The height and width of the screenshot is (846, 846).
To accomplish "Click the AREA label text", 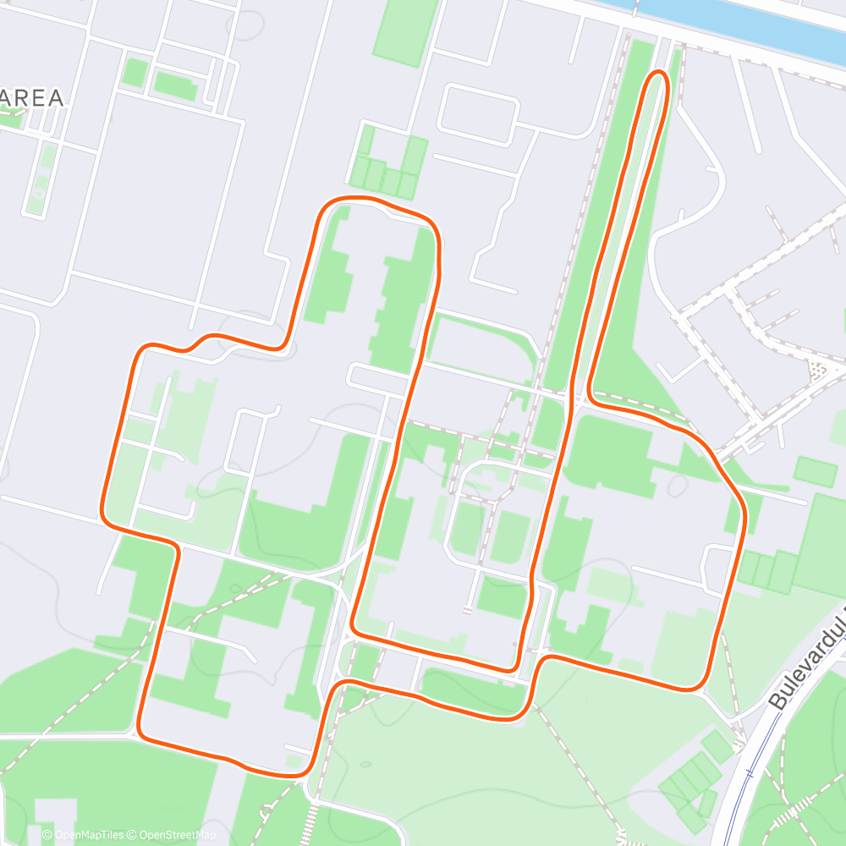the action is tap(32, 98).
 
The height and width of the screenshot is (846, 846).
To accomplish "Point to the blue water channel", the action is tap(744, 21).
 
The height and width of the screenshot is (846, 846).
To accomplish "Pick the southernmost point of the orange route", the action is tap(283, 772).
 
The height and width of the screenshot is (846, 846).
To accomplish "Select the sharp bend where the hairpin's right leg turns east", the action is tap(591, 396).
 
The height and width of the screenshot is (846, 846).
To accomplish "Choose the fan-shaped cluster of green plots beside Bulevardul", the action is tap(689, 783).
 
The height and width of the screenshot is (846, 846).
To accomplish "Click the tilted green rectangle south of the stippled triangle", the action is tap(815, 471).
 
